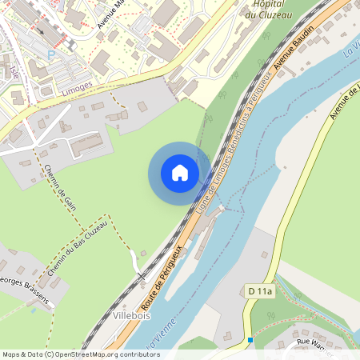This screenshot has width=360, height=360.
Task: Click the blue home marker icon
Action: click(x=180, y=173)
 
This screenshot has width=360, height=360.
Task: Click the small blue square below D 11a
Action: click(x=250, y=339)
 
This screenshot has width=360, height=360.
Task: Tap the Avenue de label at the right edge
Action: click(x=346, y=100)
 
